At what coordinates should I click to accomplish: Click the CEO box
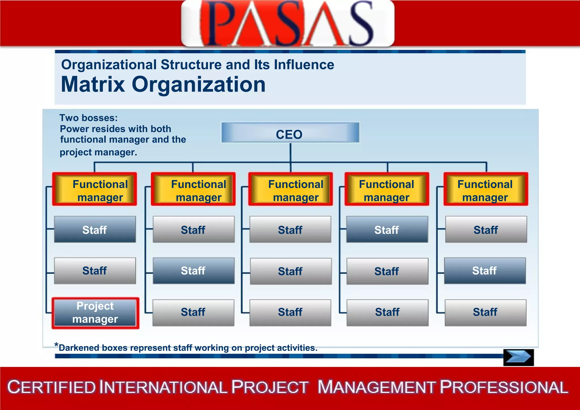(x=290, y=133)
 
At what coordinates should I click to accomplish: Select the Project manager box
(x=95, y=313)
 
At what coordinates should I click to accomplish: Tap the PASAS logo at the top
(x=287, y=23)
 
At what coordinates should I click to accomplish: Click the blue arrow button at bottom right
(x=518, y=357)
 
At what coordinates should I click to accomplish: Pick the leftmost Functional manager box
(x=95, y=189)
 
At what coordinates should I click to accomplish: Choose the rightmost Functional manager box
(x=486, y=189)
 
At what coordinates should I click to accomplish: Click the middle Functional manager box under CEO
(x=291, y=189)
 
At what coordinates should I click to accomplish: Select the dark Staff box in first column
(x=95, y=230)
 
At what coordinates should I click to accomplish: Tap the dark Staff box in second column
(x=193, y=271)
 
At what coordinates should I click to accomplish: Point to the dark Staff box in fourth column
(x=387, y=230)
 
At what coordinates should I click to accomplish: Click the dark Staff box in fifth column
(x=485, y=271)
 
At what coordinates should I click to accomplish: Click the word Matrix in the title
(x=93, y=84)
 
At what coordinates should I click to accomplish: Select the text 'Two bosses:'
(x=88, y=118)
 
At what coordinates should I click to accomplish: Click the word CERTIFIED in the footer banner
(x=52, y=387)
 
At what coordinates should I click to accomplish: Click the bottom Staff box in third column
(x=290, y=313)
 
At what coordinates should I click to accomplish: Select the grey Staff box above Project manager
(x=95, y=271)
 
